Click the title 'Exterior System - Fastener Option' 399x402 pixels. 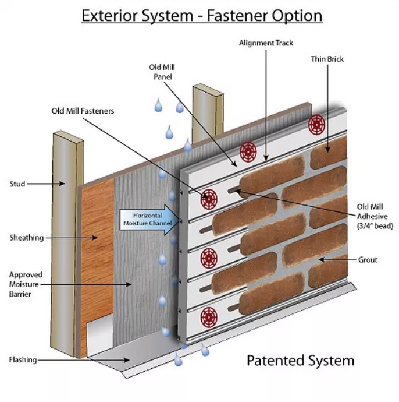[x=202, y=15]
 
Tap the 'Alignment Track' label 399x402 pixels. [x=266, y=43]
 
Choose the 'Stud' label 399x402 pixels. [x=18, y=184]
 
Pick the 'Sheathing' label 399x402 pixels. [x=26, y=238]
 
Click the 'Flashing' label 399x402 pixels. [x=23, y=359]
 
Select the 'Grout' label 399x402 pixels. [x=368, y=259]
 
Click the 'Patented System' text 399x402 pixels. [x=300, y=361]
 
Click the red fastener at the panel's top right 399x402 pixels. [x=316, y=124]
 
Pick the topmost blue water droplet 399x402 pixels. [x=158, y=105]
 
